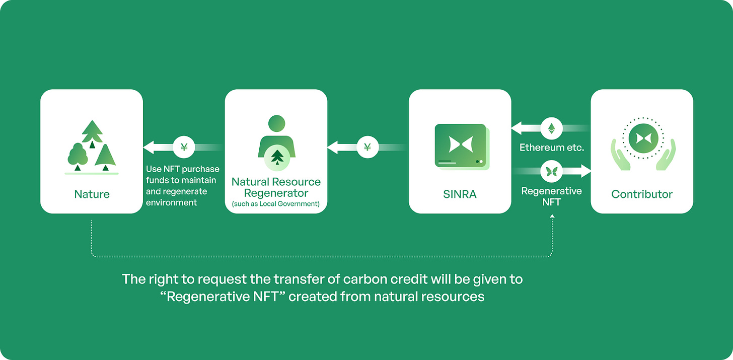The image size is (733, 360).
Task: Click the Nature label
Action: tap(92, 194)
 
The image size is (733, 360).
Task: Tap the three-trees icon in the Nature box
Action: tap(92, 146)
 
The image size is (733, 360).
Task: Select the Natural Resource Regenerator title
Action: tap(276, 187)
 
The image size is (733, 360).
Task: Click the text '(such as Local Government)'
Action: tap(276, 204)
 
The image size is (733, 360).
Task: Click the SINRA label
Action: tap(460, 194)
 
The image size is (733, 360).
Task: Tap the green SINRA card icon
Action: tap(460, 146)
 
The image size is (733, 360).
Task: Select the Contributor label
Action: tap(642, 194)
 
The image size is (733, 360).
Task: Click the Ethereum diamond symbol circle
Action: tap(551, 129)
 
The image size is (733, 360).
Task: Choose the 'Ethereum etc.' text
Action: tap(552, 148)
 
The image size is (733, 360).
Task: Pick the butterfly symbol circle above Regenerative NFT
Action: tap(551, 172)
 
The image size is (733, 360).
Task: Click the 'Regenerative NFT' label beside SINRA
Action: tap(551, 196)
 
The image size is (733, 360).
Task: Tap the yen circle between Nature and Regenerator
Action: tap(183, 148)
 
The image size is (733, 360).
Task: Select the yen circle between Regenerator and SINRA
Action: tap(367, 148)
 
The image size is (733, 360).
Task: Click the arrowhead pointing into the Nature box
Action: tap(150, 148)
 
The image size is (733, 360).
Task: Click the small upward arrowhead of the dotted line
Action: tap(552, 216)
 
